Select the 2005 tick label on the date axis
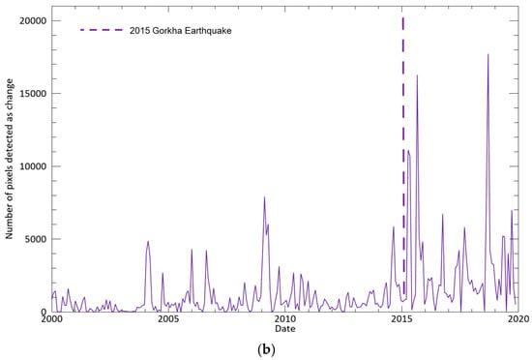click(167, 319)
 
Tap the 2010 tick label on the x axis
click(284, 319)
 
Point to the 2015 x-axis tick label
click(401, 319)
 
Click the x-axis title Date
click(284, 330)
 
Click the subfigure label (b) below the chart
click(266, 348)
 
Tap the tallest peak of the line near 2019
click(488, 55)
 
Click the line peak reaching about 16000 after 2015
click(417, 76)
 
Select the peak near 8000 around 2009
click(264, 198)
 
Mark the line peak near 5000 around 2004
click(148, 242)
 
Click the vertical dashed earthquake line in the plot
click(403, 145)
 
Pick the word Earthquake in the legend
click(208, 31)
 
